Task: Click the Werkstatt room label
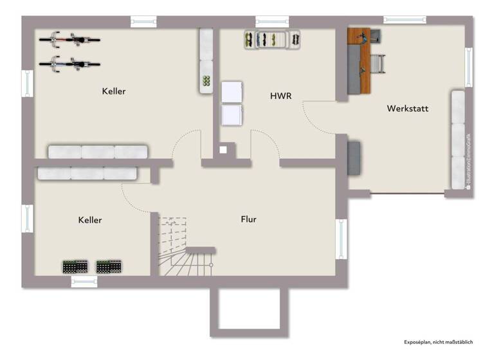[407, 109]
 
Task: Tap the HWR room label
[281, 96]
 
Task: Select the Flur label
[248, 219]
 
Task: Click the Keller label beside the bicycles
[114, 91]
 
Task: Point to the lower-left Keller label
[90, 220]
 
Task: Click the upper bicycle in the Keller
[69, 40]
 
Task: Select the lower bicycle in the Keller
[69, 63]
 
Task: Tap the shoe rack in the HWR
[271, 39]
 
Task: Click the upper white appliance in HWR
[232, 92]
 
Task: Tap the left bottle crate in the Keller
[75, 266]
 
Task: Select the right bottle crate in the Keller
[109, 266]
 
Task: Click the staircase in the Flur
[183, 251]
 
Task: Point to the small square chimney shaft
[223, 150]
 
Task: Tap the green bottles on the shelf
[206, 81]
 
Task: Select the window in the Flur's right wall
[341, 239]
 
